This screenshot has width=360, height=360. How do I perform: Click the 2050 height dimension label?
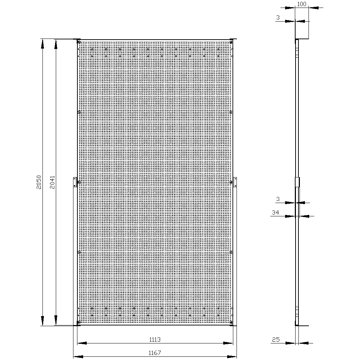[39, 182]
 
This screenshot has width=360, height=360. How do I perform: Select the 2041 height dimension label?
[52, 182]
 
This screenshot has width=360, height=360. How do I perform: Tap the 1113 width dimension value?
[155, 339]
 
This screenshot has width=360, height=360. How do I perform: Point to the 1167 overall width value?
[155, 353]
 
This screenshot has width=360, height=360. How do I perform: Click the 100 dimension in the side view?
[302, 4]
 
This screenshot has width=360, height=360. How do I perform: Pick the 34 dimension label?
[275, 212]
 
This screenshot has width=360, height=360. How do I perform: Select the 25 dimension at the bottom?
[276, 339]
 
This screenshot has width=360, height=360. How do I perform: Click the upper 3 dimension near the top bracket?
[278, 17]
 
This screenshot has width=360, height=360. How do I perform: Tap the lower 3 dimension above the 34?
[278, 199]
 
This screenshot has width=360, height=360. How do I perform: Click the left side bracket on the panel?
[75, 182]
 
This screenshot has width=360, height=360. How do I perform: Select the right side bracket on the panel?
[235, 182]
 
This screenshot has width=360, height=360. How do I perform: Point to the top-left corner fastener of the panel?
[79, 42]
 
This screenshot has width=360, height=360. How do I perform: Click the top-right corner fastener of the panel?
[231, 42]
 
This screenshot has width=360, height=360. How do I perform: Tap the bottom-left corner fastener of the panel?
[79, 322]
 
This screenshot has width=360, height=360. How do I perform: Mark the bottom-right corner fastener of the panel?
[231, 322]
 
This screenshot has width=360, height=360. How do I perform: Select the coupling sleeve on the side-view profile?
[297, 182]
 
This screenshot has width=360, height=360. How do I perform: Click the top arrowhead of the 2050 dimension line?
[42, 44]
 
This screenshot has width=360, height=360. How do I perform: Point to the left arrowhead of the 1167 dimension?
[78, 356]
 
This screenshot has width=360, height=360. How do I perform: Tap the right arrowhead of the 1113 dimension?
[228, 343]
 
